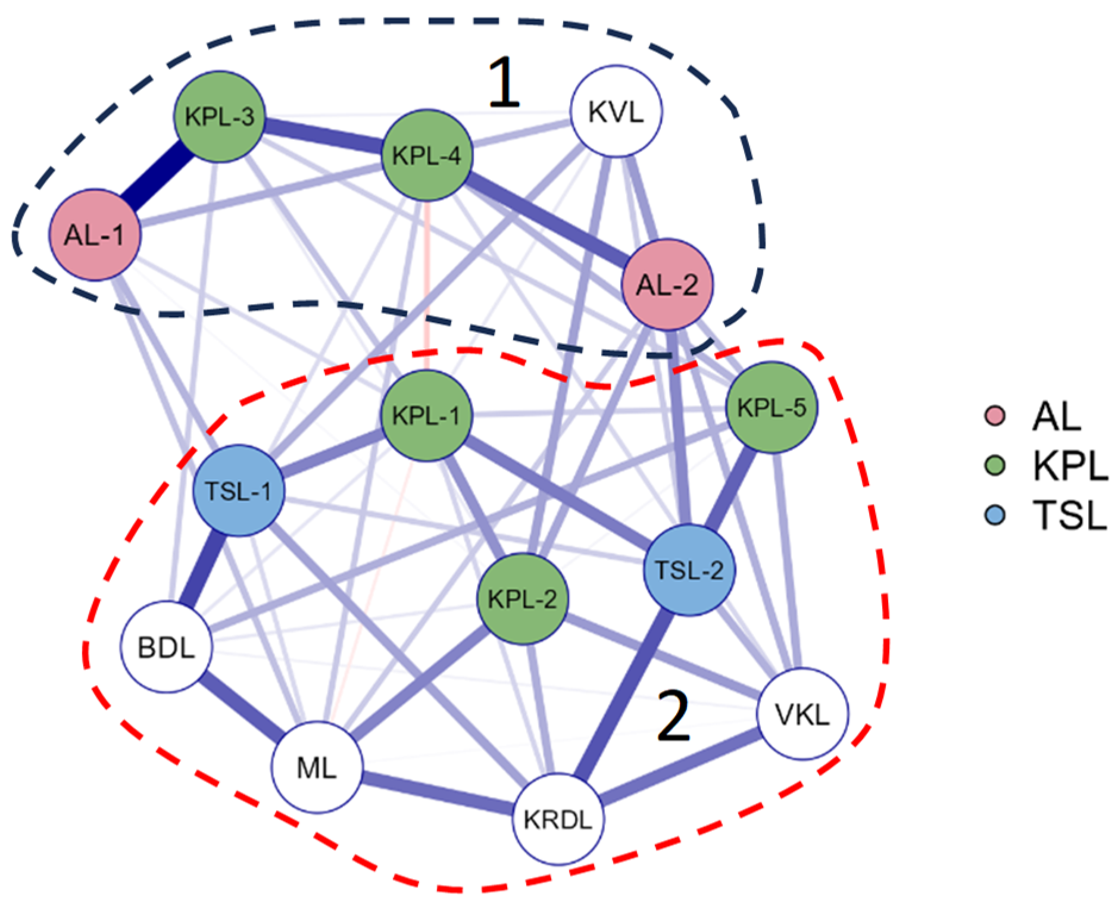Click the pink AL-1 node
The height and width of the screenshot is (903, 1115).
click(95, 235)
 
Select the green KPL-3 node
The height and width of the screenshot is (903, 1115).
click(219, 117)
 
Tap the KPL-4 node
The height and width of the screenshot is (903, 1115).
click(426, 155)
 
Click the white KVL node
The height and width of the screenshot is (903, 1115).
click(616, 111)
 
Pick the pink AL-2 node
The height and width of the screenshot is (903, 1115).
click(667, 285)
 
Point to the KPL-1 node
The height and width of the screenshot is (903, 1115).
click(426, 415)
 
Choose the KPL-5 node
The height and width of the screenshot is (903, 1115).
click(772, 408)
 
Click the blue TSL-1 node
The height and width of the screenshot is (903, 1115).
click(239, 490)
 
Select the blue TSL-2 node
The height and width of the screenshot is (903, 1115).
click(689, 570)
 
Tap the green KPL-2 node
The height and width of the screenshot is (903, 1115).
click(523, 598)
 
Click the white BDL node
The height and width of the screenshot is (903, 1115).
click(167, 647)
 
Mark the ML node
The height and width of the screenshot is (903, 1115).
click(317, 767)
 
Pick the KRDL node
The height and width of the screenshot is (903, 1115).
click(558, 819)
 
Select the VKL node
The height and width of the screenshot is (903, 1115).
click(802, 714)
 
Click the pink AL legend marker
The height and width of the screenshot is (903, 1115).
click(995, 415)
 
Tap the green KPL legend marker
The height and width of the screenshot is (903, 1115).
click(995, 465)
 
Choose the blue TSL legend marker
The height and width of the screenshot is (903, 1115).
click(995, 515)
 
